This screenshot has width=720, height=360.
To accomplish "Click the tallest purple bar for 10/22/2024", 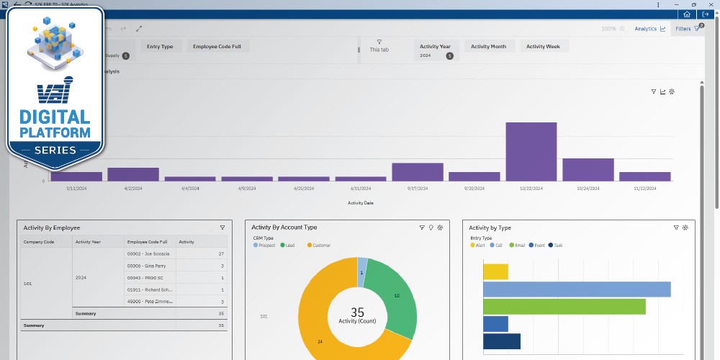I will click(531, 151).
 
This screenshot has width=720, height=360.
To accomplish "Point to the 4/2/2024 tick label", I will click(133, 188).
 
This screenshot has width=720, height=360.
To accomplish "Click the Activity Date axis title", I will click(360, 203).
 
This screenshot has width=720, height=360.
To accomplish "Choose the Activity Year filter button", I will click(435, 47).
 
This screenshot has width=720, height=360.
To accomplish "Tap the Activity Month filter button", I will click(488, 47).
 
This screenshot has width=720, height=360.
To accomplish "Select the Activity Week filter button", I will click(544, 47).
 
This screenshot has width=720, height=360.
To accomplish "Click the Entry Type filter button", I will click(160, 47).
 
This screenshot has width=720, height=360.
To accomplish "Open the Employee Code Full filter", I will click(218, 47).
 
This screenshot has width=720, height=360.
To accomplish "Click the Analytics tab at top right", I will click(649, 29).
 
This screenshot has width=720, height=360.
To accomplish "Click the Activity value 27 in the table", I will click(221, 253).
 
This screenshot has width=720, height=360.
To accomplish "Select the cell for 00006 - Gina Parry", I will click(145, 266).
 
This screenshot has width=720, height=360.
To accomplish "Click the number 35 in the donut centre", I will click(358, 312).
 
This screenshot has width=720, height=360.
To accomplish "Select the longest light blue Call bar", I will click(576, 289).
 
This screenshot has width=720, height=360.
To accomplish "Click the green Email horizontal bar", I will click(564, 307).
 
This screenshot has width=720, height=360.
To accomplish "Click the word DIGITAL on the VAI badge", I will click(55, 117).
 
